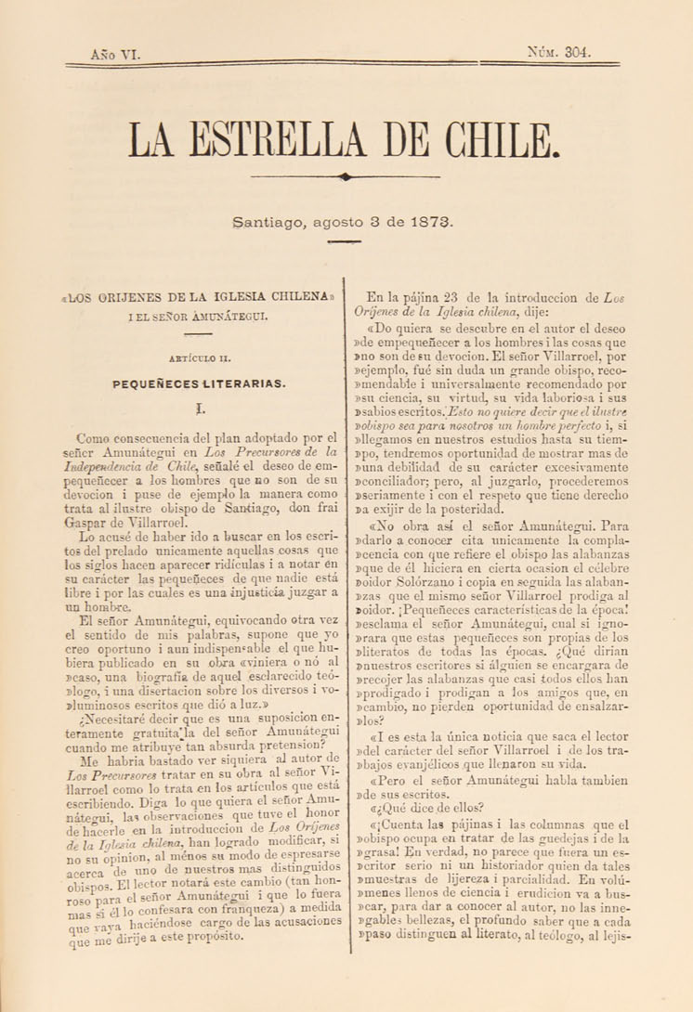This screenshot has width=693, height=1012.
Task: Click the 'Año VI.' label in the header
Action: coord(115,55)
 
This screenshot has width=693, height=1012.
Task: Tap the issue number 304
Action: coord(575,53)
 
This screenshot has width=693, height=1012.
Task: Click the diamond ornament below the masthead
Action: coord(346,175)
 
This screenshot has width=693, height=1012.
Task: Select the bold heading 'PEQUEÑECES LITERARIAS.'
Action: coord(199,382)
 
